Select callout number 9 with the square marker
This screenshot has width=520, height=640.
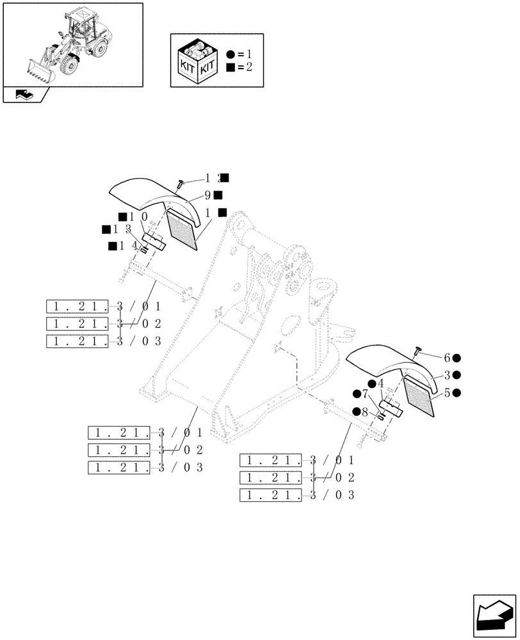coord(209,195)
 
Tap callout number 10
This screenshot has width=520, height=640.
coord(139,217)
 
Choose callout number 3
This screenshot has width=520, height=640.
coord(447,376)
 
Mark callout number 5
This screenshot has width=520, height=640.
coord(447,393)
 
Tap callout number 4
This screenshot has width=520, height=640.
coord(380,383)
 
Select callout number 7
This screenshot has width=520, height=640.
coord(364,393)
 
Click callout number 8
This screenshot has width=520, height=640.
coord(364,412)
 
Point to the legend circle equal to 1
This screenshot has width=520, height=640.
coord(230,54)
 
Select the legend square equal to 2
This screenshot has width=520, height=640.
coord(230,67)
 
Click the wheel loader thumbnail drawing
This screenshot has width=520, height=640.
coord(72,44)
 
